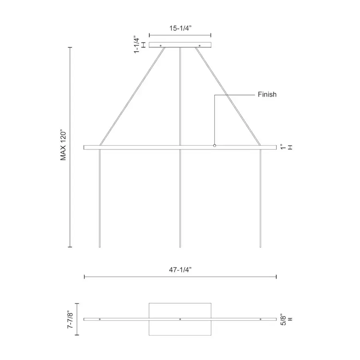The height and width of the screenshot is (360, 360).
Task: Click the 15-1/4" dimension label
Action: click(x=180, y=29)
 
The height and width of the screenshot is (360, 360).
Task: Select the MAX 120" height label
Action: click(x=63, y=145)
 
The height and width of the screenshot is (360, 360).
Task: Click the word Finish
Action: click(x=267, y=95)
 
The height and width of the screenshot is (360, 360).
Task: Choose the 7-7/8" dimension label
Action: click(x=71, y=319)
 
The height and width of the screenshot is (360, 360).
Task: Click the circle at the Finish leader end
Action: click(x=214, y=146)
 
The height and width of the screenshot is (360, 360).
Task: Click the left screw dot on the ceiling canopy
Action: click(x=161, y=46)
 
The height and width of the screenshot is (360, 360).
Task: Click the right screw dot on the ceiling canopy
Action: click(x=199, y=46)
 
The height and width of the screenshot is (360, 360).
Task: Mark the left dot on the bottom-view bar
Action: click(x=100, y=319)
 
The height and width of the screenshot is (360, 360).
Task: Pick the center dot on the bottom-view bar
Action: click(x=180, y=319)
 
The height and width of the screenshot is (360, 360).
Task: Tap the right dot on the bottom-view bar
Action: click(x=260, y=319)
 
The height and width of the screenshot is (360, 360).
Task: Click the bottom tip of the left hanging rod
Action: click(x=100, y=247)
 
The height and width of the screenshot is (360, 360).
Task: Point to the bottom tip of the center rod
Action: click(x=180, y=247)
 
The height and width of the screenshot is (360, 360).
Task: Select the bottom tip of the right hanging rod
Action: click(x=260, y=247)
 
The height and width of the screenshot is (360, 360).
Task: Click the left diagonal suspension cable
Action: click(x=132, y=96)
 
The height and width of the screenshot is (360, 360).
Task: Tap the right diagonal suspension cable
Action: click(x=228, y=96)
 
